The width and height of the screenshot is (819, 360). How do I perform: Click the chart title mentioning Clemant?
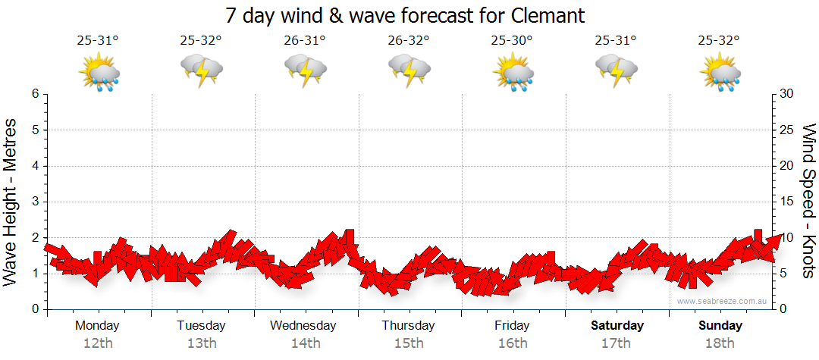pyautogui.click(x=406, y=15)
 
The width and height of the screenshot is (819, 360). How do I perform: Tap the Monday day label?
pyautogui.click(x=97, y=325)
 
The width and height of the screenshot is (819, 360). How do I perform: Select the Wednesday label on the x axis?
pyautogui.click(x=303, y=325)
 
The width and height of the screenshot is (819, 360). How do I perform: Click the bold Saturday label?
pyautogui.click(x=617, y=325)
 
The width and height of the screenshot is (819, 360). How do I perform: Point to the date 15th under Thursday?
pyautogui.click(x=409, y=343)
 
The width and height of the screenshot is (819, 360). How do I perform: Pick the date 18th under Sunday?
pyautogui.click(x=720, y=343)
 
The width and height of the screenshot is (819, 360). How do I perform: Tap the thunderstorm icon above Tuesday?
pyautogui.click(x=201, y=72)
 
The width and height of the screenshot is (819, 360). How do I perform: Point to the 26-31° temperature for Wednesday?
pyautogui.click(x=304, y=41)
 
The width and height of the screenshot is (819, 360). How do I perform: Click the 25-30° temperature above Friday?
pyautogui.click(x=511, y=41)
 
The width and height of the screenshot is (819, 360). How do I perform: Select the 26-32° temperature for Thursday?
pyautogui.click(x=408, y=41)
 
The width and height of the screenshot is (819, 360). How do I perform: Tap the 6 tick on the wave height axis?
pyautogui.click(x=34, y=94)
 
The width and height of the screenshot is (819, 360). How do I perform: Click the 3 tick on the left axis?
pyautogui.click(x=34, y=202)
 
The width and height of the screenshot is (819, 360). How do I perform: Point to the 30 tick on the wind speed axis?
pyautogui.click(x=787, y=94)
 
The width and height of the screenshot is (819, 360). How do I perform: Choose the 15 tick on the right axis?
pyautogui.click(x=787, y=202)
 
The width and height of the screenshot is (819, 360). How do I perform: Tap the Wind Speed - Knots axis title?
pyautogui.click(x=808, y=201)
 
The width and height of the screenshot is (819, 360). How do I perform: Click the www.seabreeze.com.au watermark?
pyautogui.click(x=723, y=301)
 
